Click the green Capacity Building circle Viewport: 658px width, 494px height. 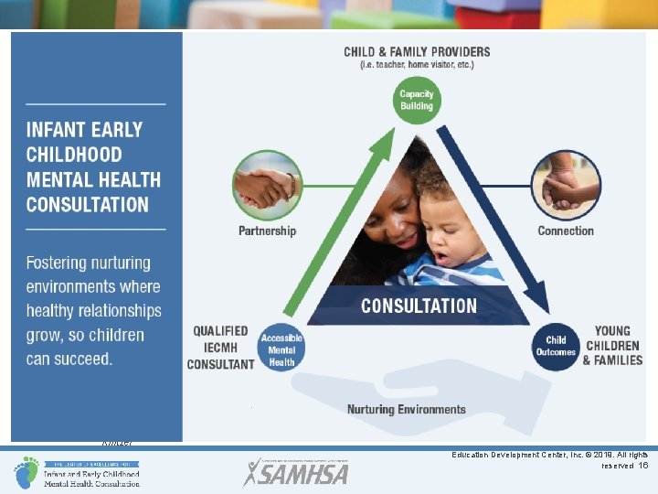[x=417, y=100]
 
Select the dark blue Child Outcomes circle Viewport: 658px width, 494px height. [x=556, y=346]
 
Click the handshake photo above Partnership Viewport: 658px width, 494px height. [x=266, y=185]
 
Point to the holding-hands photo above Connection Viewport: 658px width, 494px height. [x=567, y=185]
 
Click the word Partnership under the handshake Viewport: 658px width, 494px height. [x=267, y=231]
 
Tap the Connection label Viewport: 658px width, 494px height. [x=566, y=231]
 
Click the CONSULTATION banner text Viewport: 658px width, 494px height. [x=419, y=306]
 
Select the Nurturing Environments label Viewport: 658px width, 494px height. [x=406, y=409]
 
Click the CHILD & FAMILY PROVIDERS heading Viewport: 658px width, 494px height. [x=417, y=52]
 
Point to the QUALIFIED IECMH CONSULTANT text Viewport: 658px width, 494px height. [x=220, y=348]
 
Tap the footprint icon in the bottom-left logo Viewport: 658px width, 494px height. [x=26, y=471]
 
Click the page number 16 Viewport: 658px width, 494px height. [x=643, y=466]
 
